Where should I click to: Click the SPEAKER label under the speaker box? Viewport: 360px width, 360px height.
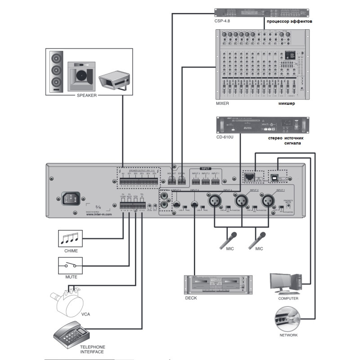tap(87, 95)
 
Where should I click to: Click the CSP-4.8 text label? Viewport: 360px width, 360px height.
tap(222, 21)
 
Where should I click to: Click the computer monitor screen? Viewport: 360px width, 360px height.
tap(282, 282)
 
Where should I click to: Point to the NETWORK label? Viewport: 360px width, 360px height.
tap(288, 335)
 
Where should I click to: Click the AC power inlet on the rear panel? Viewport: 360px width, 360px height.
tap(71, 198)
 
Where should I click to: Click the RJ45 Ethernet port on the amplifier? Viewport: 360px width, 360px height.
tap(249, 176)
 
